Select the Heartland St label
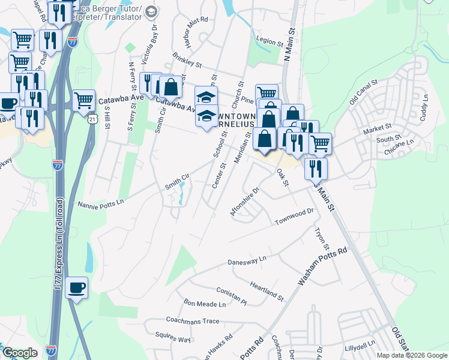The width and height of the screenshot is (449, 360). [267, 291]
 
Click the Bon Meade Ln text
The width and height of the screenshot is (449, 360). [205, 304]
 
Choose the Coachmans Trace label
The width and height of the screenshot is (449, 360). [193, 321]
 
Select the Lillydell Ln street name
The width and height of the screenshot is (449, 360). [360, 346]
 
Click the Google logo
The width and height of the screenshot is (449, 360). [20, 353]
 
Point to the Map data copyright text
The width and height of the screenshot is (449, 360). [411, 355]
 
